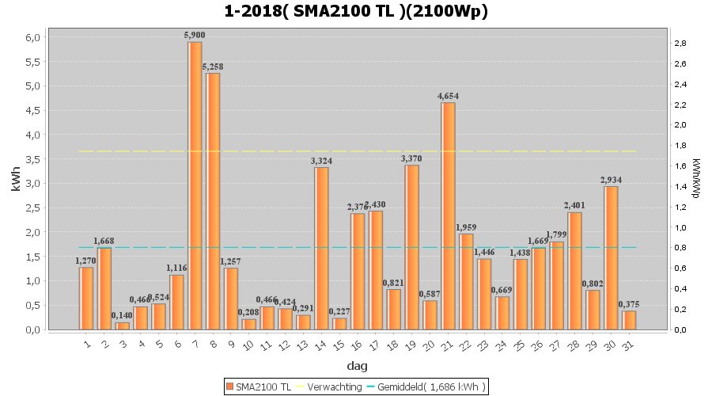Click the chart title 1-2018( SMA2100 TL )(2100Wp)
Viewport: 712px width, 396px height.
point(356,11)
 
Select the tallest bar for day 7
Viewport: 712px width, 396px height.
point(195,185)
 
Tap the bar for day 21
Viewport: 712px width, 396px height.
point(448,215)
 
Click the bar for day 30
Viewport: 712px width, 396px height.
point(611,257)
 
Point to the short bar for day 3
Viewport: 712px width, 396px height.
point(123,326)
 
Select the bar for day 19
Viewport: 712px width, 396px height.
point(411,247)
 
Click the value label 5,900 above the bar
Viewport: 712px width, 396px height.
point(195,36)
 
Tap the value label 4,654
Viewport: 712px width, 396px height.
point(448,97)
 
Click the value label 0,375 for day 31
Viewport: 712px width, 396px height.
point(629,305)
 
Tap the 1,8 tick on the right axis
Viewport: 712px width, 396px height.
point(680,145)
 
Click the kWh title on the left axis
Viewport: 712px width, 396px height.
point(16,182)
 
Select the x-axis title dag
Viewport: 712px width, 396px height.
point(356,367)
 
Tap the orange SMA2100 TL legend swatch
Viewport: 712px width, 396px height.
point(229,386)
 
